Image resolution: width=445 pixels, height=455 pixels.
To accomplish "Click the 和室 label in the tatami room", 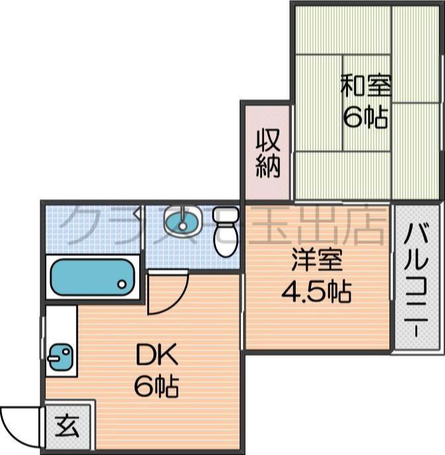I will pos(365,86).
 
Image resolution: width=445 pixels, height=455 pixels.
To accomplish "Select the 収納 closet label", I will pos(268,153).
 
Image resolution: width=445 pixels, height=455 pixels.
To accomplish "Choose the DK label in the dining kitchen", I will pos(156,356).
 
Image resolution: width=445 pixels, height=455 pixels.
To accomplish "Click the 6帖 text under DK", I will pos(156,386).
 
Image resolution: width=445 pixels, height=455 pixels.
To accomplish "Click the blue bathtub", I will pos(92,278).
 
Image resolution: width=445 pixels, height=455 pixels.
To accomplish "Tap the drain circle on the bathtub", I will pos(122,284).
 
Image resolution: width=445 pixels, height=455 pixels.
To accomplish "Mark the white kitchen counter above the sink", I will pos(61,324).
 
